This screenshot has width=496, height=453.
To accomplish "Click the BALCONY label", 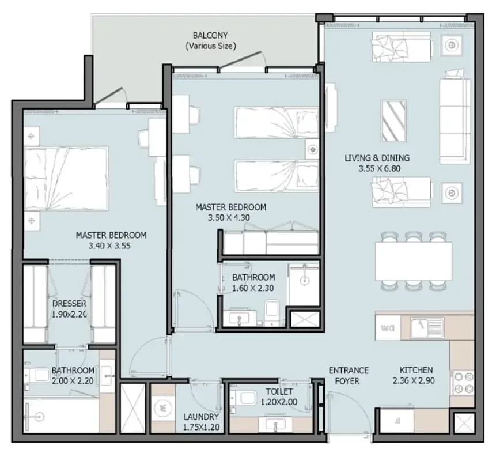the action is point(210,35).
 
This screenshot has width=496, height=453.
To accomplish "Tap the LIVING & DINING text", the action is point(377,158).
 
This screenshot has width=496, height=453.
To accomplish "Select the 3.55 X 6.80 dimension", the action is point(379,168).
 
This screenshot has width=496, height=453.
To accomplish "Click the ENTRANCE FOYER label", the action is point(349,376).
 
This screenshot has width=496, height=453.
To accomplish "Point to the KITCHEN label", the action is point(416,370).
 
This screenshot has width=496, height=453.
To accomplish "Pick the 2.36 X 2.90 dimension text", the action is point(414,380).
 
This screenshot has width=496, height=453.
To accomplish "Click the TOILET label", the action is point(279,391).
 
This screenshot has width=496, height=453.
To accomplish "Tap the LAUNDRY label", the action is point(201,417).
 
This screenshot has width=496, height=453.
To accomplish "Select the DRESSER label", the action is point(69,304).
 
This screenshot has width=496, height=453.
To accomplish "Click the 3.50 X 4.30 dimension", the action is point(229,218).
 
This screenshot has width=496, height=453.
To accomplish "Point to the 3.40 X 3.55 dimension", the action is point(109,246).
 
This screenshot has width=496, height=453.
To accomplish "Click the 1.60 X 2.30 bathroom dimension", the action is point(253,288).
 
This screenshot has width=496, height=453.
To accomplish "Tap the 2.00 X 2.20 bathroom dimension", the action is point(73,381).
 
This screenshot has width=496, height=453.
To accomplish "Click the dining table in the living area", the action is point(414,262).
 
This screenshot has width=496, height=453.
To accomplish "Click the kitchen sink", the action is point(427,327).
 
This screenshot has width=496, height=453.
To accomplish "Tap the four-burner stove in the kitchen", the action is point(463,383).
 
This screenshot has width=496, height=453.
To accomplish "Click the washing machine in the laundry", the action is point(162,409).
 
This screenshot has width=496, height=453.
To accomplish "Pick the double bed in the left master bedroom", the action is point(66,178).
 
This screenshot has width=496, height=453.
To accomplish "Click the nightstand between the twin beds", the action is point(312,149).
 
